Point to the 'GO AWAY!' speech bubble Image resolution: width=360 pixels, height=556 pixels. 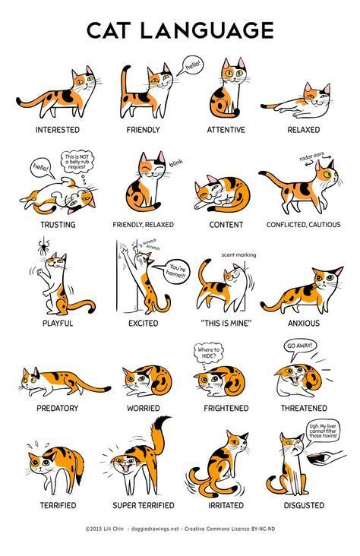pos(299,346)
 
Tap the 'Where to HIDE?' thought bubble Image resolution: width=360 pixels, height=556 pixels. pos(210,352)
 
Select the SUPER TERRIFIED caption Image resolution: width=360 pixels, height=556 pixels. pos(144,505)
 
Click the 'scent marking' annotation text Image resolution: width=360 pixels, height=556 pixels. pos(238,255)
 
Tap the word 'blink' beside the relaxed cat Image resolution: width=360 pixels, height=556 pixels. pos(176,163)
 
